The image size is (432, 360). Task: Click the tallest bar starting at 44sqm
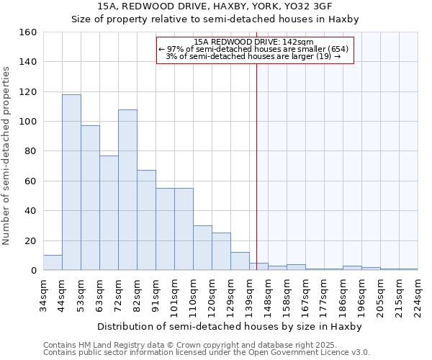pyautogui.click(x=71, y=182)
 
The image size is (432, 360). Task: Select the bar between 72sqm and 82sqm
pyautogui.click(x=127, y=190)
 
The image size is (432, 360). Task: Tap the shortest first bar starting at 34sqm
pyautogui.click(x=53, y=263)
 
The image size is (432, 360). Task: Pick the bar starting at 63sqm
pyautogui.click(x=109, y=213)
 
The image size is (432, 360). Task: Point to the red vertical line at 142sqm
pyautogui.click(x=256, y=166)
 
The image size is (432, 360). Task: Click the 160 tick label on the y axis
pyautogui.click(x=27, y=32)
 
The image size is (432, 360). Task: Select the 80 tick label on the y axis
pyautogui.click(x=30, y=151)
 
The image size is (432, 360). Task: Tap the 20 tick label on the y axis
pyautogui.click(x=30, y=240)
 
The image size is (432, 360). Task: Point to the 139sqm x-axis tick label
pyautogui.click(x=250, y=295)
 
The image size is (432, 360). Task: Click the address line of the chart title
pyautogui.click(x=215, y=7)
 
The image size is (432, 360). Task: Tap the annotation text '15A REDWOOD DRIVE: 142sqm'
pyautogui.click(x=253, y=42)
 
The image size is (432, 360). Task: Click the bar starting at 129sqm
pyautogui.click(x=240, y=261)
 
